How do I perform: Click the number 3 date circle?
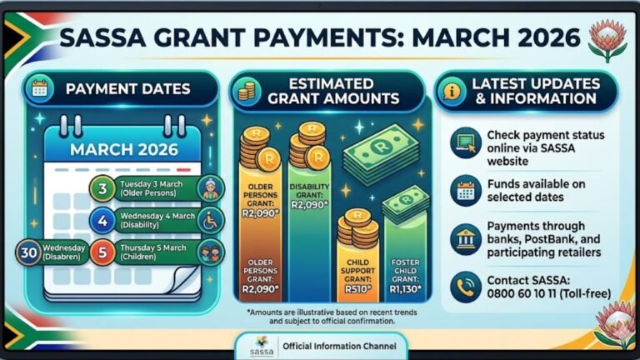pos(102,188)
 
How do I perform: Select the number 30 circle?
pos(29,252)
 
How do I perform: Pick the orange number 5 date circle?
pos(102,252)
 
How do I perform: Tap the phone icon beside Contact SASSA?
pos(465,286)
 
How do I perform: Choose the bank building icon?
pos(465,239)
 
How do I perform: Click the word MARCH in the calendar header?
pos(101,149)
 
